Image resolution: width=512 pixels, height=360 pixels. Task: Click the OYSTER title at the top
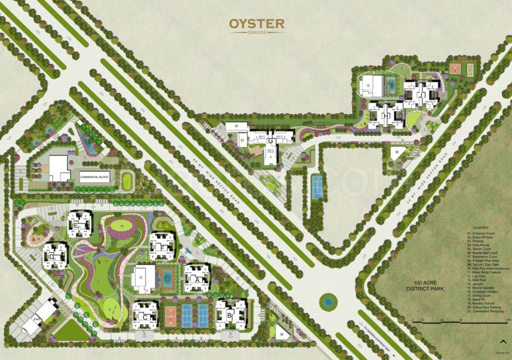pos(256,23)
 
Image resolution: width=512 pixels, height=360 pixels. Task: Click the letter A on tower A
pos(197,280)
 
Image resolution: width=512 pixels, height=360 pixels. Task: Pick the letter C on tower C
pos(144,316)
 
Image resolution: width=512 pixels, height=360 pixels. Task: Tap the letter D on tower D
pos(51,257)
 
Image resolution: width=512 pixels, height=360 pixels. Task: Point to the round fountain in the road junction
pos(328,301)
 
